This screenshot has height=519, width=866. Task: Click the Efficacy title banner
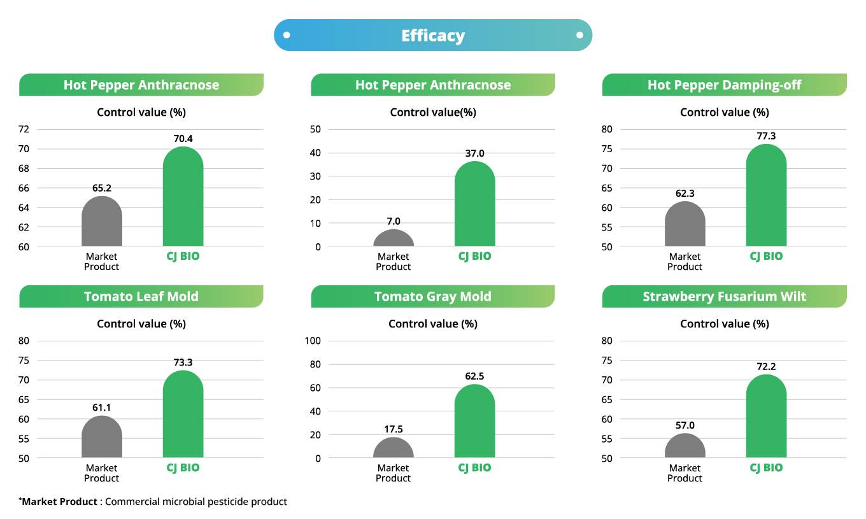pyautogui.click(x=433, y=36)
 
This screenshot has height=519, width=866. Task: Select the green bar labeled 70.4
pyautogui.click(x=183, y=197)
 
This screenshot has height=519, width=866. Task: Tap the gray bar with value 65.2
pyautogui.click(x=102, y=222)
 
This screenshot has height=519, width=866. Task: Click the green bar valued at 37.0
pyautogui.click(x=474, y=205)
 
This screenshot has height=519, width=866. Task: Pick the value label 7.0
pyautogui.click(x=394, y=221)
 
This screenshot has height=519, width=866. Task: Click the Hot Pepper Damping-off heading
pyautogui.click(x=724, y=85)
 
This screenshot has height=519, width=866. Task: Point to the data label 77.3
pyautogui.click(x=766, y=136)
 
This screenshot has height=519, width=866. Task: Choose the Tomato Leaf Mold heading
pyautogui.click(x=141, y=296)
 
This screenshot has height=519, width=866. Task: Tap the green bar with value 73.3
pyautogui.click(x=183, y=415)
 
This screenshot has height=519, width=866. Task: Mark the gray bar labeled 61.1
pyautogui.click(x=102, y=438)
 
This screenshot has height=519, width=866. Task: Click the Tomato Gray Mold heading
pyautogui.click(x=433, y=296)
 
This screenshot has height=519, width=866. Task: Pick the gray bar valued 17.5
pyautogui.click(x=394, y=448)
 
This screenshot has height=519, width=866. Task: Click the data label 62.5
pyautogui.click(x=474, y=376)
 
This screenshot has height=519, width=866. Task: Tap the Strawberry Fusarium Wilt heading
pyautogui.click(x=724, y=296)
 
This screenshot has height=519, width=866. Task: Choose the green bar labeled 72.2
pyautogui.click(x=766, y=418)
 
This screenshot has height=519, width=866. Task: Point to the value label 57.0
pyautogui.click(x=685, y=425)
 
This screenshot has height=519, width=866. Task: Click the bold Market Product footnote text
pyautogui.click(x=60, y=502)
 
